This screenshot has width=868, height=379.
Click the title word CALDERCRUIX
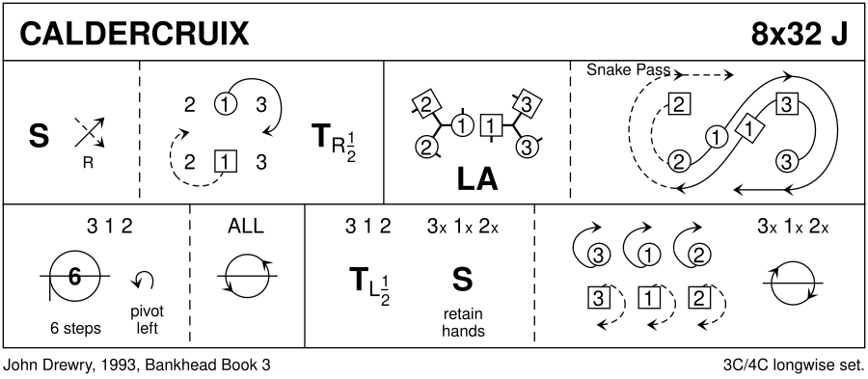134,35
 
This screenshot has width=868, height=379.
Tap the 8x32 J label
800,35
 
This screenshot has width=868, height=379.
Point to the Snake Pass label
628,70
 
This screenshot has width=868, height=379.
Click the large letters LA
477,179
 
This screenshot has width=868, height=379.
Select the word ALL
246,227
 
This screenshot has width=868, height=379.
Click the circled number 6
74,276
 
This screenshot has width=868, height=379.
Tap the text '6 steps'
75,329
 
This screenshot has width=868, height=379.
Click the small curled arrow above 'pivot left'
144,280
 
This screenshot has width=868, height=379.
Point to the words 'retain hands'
463,322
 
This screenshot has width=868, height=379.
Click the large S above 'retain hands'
462,280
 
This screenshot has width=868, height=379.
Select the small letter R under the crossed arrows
88,164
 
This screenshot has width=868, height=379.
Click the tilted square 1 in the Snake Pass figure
749,129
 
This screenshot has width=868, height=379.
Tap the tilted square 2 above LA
425,104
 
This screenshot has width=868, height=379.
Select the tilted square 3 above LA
527,103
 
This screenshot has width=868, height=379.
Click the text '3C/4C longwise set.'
794,365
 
